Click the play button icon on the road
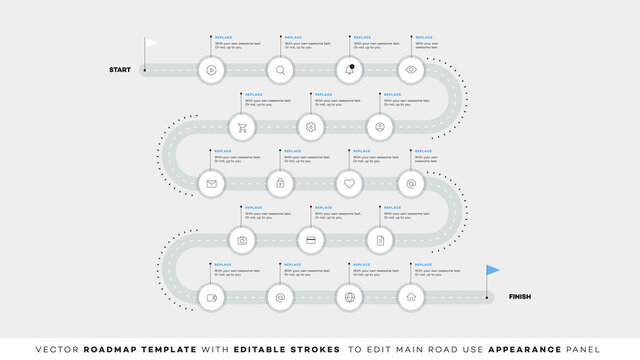[x=211, y=70]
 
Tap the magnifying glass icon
[x=281, y=70]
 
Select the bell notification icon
[x=350, y=70]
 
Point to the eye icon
[x=410, y=70]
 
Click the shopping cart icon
[x=242, y=127]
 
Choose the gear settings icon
[x=311, y=127]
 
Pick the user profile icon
[x=380, y=127]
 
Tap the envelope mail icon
[x=211, y=184]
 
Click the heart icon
[x=350, y=184]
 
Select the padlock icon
[x=281, y=184]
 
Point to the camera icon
[x=242, y=240]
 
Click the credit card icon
[x=311, y=240]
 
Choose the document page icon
[x=380, y=240]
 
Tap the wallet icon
[x=211, y=297]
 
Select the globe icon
[x=350, y=297]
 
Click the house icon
[x=410, y=297]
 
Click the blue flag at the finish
[x=493, y=270]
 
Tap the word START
[x=121, y=70]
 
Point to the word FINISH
[x=520, y=297]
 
